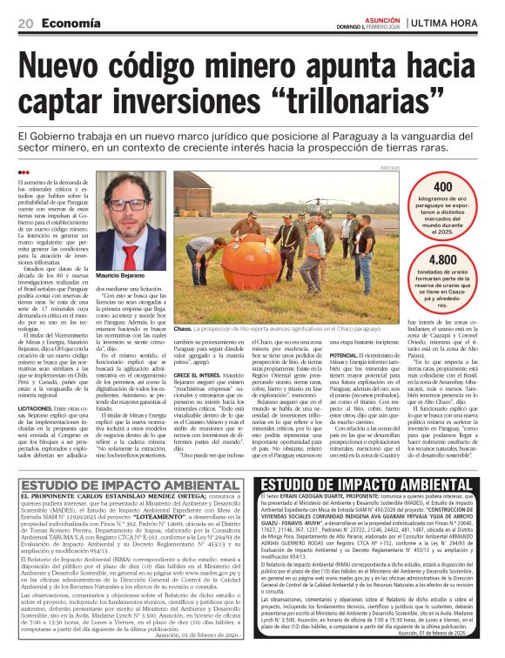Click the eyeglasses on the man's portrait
coord(128,205)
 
